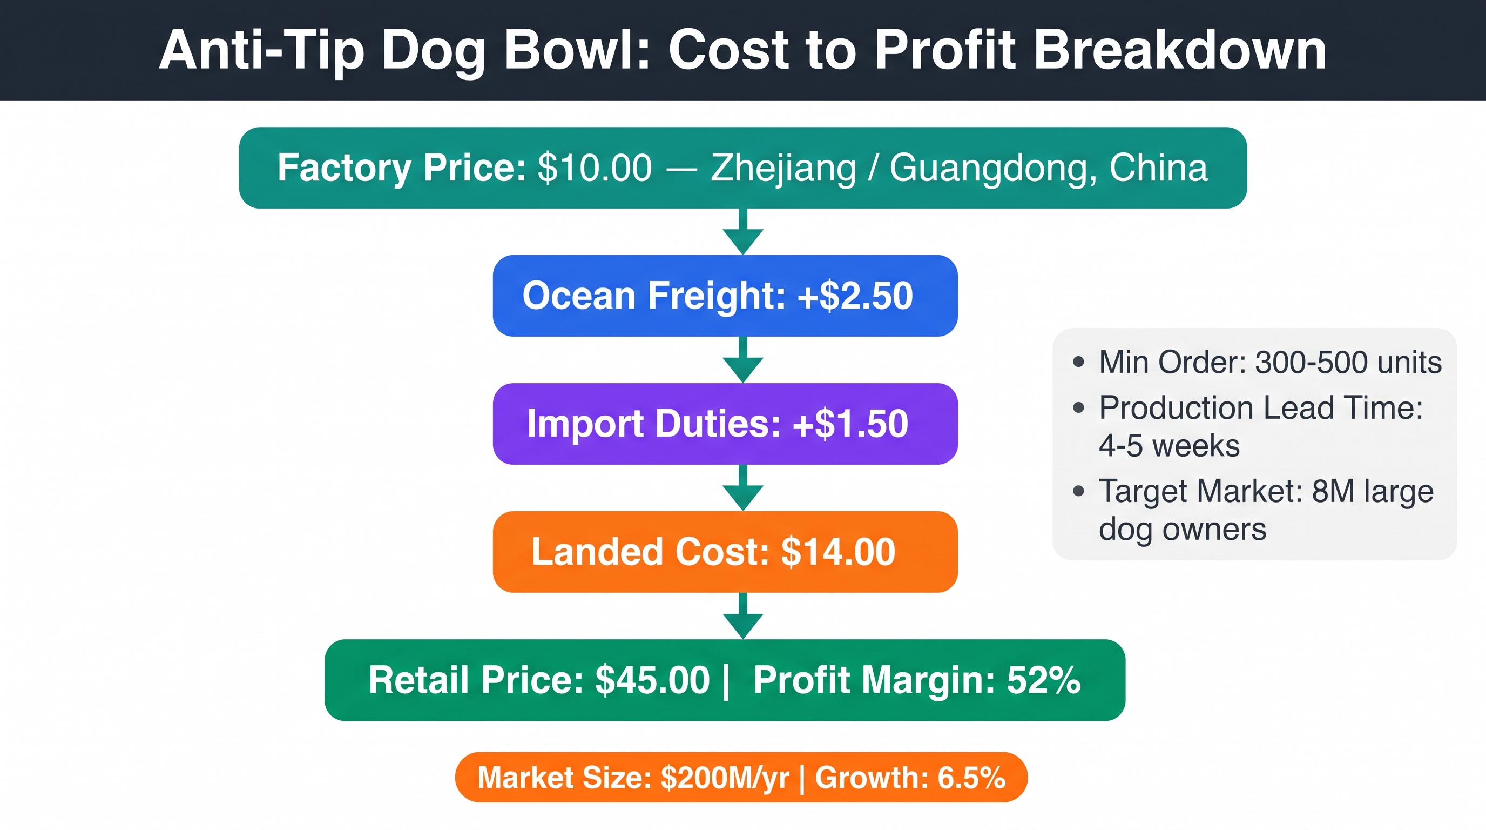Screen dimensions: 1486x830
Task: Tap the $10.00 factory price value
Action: tap(595, 168)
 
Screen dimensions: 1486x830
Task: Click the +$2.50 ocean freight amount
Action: tap(855, 296)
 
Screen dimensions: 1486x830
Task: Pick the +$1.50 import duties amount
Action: tap(850, 424)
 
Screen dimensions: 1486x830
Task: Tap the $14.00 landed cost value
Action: tap(837, 552)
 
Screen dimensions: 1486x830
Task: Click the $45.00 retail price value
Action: tap(652, 680)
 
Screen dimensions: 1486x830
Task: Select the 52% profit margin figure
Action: tap(1044, 680)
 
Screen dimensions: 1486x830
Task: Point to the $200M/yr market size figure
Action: tap(725, 778)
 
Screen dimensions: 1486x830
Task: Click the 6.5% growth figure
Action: tap(971, 778)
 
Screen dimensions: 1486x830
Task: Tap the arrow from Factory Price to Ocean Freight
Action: tap(743, 231)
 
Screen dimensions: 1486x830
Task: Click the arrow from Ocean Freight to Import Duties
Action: tap(743, 359)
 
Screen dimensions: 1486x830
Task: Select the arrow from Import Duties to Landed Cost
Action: tap(743, 488)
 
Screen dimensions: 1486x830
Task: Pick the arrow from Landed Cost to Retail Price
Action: tap(743, 616)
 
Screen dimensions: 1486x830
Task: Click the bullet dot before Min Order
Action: tap(1079, 362)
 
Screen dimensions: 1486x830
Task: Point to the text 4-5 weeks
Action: tap(1169, 446)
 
